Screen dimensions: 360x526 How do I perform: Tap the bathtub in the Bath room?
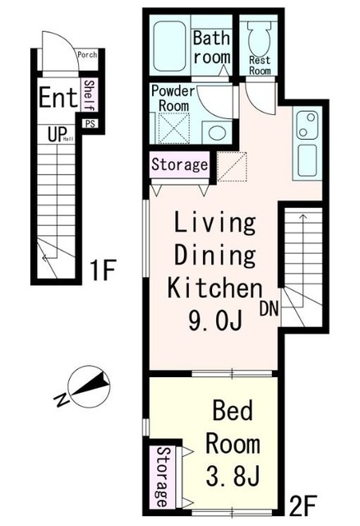[170, 46]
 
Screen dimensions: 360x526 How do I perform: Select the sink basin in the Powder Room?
[217, 132]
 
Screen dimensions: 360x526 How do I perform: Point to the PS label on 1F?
[90, 124]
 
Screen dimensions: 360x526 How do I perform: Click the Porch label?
[87, 54]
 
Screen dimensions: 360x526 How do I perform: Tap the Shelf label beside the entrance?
[90, 95]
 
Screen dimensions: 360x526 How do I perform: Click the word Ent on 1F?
[58, 97]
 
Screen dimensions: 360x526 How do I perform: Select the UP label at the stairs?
[57, 135]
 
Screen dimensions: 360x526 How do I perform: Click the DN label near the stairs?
[270, 309]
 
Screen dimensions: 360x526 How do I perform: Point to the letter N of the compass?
[62, 399]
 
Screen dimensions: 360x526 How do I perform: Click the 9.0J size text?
[215, 321]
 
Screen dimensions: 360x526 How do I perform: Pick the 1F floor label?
[103, 270]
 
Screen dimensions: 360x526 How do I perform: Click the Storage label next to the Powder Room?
[179, 164]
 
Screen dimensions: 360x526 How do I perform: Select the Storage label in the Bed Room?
[162, 477]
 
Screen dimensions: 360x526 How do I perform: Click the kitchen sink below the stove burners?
[307, 161]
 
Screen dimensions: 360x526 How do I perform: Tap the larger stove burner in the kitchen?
[311, 118]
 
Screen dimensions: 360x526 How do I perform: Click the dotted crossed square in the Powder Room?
[173, 128]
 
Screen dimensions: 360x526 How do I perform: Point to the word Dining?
[215, 256]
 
